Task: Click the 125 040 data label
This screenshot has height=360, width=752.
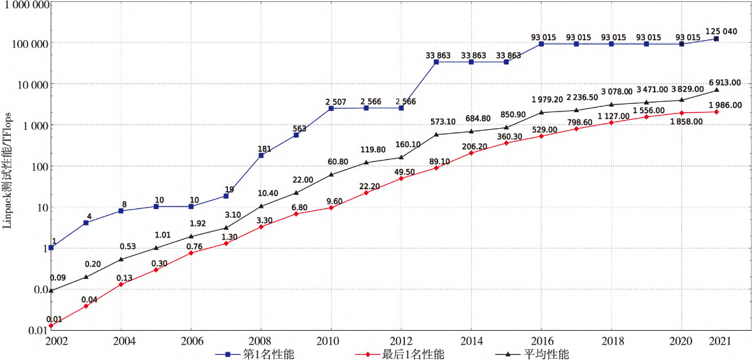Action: pos(721,31)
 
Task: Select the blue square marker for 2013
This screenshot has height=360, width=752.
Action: pos(436,62)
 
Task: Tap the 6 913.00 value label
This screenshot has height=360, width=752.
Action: pos(723,82)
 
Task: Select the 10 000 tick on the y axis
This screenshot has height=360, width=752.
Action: pos(31,85)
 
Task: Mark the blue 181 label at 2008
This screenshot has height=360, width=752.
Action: pos(264,149)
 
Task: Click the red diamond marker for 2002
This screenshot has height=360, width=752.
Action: pos(50,326)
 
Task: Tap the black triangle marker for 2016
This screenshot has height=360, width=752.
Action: pos(541,112)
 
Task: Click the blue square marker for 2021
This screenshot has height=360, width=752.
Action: pos(716,39)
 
